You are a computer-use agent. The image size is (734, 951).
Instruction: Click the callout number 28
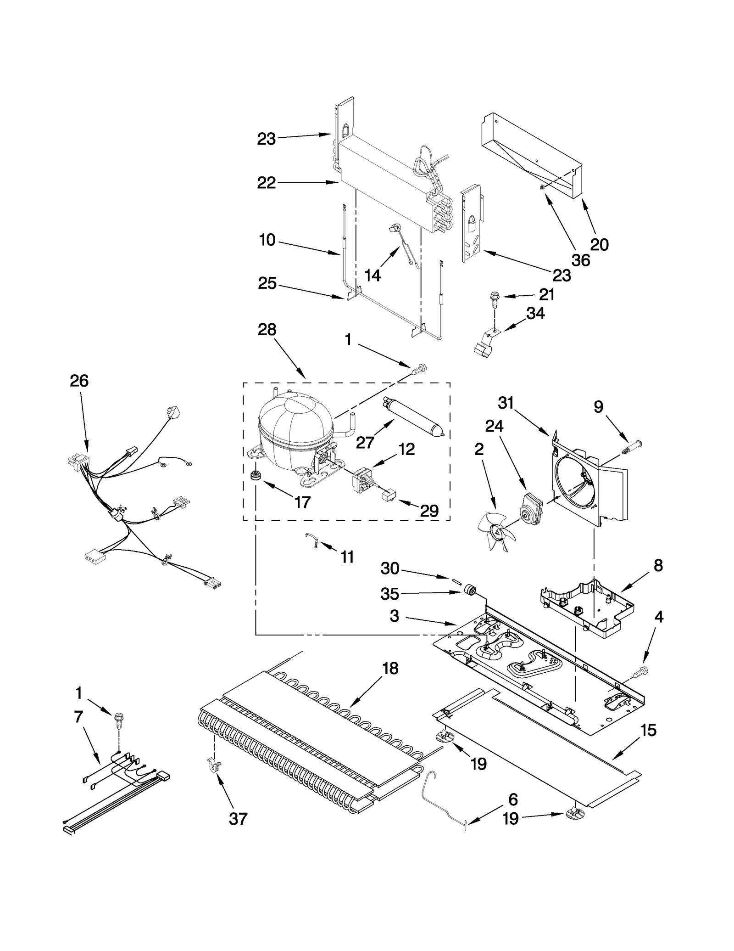coord(267,330)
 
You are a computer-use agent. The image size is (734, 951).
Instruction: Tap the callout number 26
coord(79,381)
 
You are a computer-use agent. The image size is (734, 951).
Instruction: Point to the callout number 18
coord(390,669)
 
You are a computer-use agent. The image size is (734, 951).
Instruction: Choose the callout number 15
coord(648,730)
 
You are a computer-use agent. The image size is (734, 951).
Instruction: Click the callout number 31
coord(506,403)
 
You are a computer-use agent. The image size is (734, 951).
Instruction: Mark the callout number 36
coord(580,260)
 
